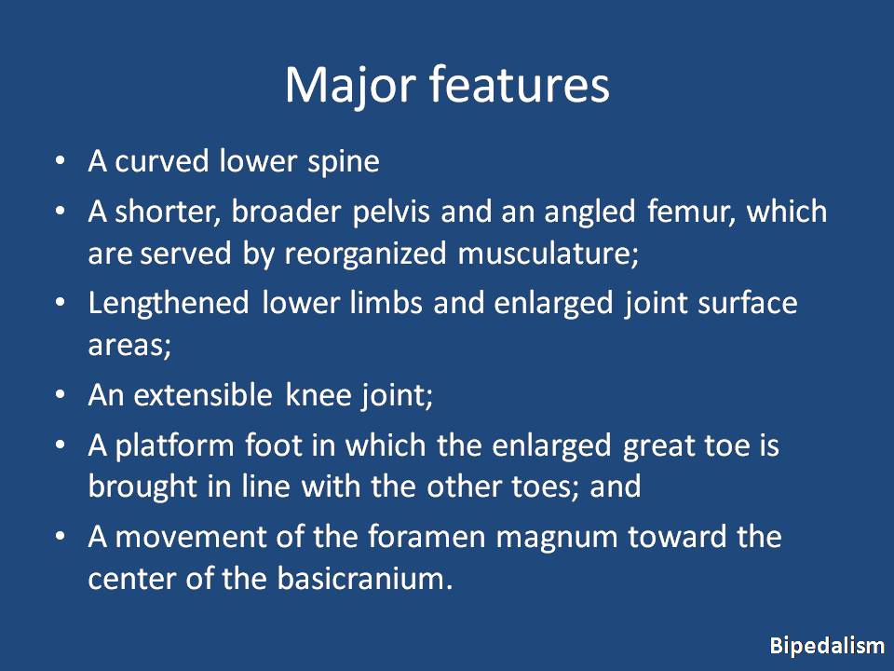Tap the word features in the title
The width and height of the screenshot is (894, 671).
519,84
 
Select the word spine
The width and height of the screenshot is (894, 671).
344,162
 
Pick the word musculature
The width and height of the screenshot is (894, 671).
548,253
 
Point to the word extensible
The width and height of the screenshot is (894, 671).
202,395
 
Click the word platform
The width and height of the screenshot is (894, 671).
174,446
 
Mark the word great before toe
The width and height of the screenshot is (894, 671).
657,446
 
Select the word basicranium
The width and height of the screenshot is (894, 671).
365,579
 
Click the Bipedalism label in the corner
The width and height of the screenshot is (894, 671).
827,646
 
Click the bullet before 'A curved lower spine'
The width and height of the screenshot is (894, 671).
61,162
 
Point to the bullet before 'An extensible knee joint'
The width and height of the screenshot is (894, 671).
61,395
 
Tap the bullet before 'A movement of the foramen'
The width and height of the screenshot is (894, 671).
61,538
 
